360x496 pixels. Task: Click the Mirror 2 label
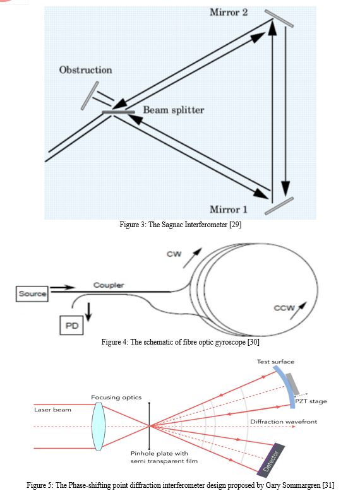(229, 13)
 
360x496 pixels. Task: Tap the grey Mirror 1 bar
(279, 206)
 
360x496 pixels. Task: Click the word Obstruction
(85, 70)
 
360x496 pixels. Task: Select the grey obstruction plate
(90, 95)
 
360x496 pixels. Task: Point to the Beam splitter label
(174, 110)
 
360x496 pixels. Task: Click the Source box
(32, 294)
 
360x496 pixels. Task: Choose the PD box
(71, 326)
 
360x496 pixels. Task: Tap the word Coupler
(109, 285)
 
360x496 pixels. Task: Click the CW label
(174, 254)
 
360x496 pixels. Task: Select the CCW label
(284, 308)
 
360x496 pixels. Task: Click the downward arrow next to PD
(88, 312)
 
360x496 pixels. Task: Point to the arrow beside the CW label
(192, 258)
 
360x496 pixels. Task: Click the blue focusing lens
(98, 426)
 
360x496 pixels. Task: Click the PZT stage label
(311, 401)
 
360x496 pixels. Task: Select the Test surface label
(275, 362)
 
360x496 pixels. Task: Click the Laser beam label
(52, 410)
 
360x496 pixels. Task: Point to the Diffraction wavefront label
(284, 422)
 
